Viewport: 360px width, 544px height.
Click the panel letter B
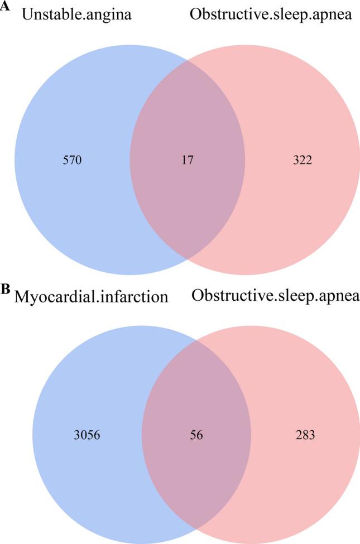[x=6, y=289]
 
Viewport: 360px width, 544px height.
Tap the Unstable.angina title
[x=76, y=15]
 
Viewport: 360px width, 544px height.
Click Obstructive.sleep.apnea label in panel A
[x=271, y=15]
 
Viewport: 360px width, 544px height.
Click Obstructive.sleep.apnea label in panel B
[x=276, y=296]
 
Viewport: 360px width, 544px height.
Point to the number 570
[x=73, y=161]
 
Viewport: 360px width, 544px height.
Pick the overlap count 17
[x=187, y=161]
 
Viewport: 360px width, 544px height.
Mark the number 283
[x=305, y=435]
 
